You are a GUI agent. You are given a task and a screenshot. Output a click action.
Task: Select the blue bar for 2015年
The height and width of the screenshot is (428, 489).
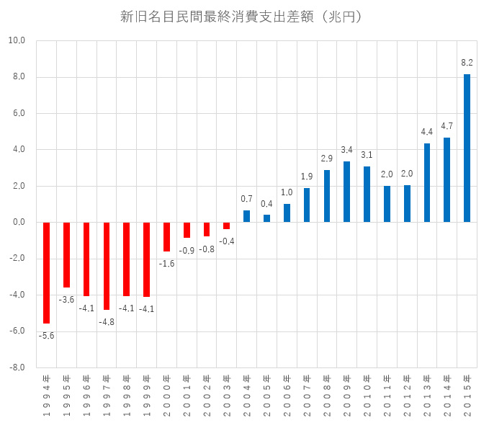(467, 148)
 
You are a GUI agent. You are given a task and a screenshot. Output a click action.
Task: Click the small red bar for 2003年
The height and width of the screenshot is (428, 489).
(226, 226)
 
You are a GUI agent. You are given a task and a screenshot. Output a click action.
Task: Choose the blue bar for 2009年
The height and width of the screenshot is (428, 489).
(346, 192)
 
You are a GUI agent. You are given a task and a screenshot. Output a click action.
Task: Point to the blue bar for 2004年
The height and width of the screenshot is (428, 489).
(246, 216)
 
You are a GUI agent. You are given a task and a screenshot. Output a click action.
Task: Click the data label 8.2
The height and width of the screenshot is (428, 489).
(467, 63)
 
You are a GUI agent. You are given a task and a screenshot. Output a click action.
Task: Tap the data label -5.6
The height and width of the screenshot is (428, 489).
(46, 335)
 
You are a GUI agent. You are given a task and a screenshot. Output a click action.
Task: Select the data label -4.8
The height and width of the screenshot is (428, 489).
(106, 321)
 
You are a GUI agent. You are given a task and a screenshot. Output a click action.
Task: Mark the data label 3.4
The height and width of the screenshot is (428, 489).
(346, 150)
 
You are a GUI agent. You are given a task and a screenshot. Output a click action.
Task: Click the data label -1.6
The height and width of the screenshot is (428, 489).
(166, 264)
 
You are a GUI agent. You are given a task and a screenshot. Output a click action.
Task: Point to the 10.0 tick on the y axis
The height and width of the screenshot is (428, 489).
(17, 41)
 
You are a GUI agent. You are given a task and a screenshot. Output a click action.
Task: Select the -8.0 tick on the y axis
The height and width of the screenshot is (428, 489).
(17, 367)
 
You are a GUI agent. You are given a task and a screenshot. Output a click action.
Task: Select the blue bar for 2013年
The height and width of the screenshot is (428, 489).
(427, 183)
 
